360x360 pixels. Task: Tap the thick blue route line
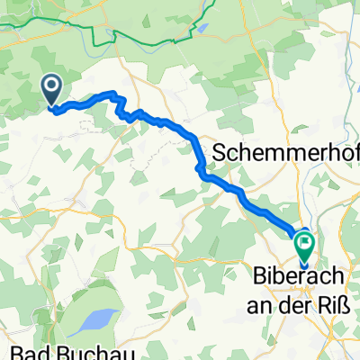coord(193,138)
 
